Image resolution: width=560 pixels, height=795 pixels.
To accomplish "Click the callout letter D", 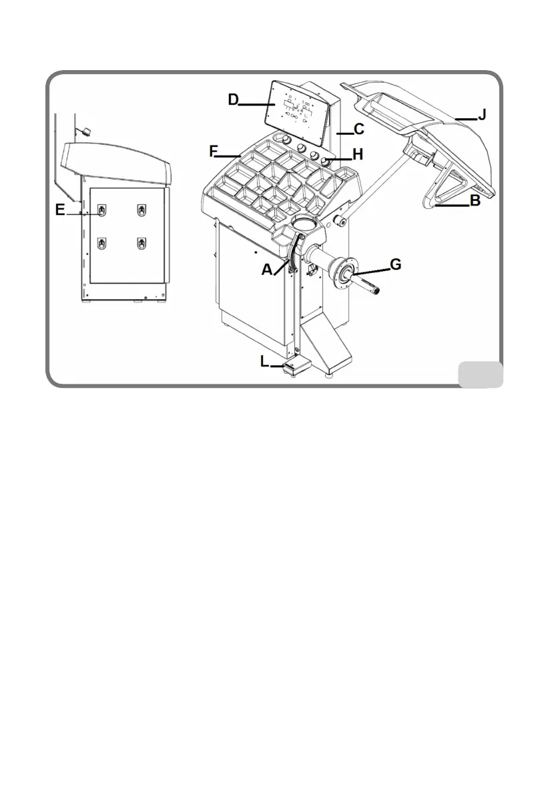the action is point(234,99).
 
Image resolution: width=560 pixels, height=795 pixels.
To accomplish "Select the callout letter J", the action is point(482,115).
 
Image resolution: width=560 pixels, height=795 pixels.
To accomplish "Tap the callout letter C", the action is point(358,129).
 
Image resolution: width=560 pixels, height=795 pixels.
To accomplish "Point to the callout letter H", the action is point(358,155).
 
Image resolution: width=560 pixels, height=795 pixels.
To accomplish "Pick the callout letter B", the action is point(475,200).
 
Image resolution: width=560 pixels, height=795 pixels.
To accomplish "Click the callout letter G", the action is point(395,264).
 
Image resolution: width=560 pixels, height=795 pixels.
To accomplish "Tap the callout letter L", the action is point(265,361).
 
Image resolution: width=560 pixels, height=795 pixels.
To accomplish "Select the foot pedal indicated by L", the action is point(292,366).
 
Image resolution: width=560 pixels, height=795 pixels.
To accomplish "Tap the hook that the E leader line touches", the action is point(101,211).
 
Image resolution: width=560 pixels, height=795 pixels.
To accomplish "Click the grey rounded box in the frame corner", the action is point(480,374).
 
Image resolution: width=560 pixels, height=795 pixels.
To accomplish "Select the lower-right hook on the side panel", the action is point(142,243).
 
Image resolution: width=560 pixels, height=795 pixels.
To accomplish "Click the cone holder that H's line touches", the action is point(327,160).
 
